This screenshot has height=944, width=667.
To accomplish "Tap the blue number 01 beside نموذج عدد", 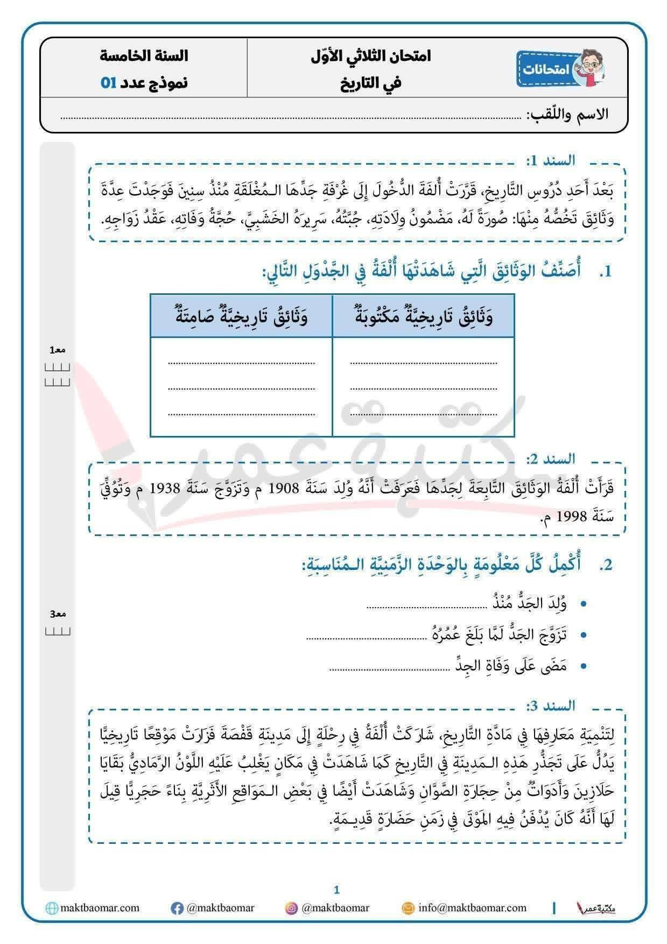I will point(108,83).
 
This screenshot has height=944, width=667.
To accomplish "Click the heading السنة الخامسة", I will point(144,56).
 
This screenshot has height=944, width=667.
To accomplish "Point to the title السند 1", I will point(550,160).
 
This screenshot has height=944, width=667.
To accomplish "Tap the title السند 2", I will point(550,459).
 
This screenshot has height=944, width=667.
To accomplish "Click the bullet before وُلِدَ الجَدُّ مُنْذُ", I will point(584,604).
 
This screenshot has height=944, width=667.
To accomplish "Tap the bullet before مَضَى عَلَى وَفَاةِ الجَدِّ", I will point(584,667).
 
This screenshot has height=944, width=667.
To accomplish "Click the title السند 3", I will point(550,706).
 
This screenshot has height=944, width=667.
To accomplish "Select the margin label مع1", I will point(58,350).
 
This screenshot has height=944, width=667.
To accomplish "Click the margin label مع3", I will point(58,614).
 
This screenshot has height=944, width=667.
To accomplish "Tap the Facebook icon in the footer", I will point(177,908).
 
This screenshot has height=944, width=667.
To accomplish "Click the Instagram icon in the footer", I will point(291,908).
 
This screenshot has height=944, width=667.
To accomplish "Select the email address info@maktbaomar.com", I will point(472,908).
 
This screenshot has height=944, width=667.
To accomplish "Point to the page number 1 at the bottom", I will point(337,890).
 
